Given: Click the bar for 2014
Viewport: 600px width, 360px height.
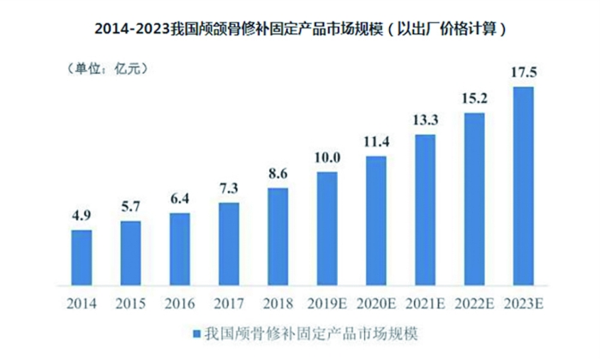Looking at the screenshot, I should pyautogui.click(x=81, y=257).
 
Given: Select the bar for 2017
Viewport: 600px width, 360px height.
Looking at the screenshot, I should pyautogui.click(x=230, y=244).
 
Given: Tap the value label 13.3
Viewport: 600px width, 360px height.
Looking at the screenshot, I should pyautogui.click(x=427, y=118).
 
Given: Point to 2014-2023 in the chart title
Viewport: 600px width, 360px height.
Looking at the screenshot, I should pyautogui.click(x=132, y=28).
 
